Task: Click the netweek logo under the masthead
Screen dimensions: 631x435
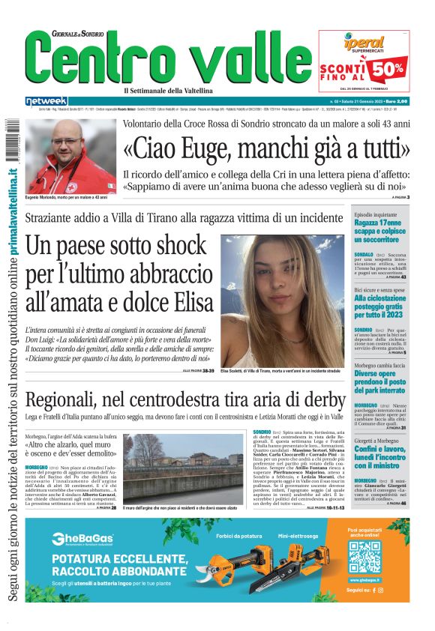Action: [x=46, y=100]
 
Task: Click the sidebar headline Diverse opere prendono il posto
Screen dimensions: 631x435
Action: [x=380, y=383]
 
